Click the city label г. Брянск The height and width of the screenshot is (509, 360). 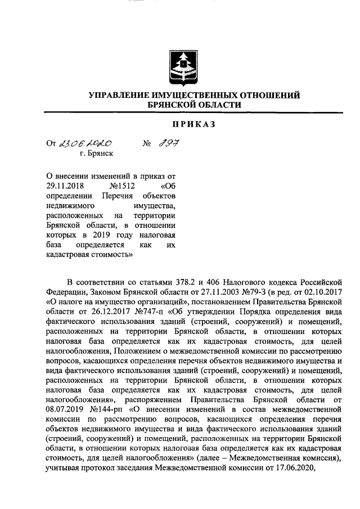pyautogui.click(x=96, y=153)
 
